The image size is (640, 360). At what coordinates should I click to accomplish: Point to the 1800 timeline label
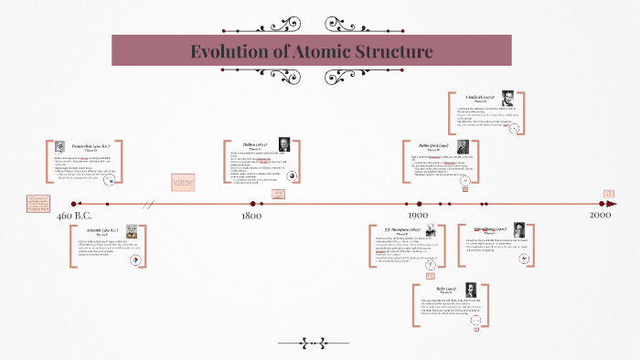coord(251,216)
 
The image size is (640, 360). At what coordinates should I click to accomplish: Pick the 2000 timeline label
coord(600,216)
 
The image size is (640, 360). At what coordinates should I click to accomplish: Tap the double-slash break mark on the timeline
coord(148,204)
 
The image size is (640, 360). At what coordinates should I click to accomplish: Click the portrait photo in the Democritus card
coord(59,147)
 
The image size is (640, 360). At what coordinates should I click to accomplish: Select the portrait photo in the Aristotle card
coord(132,230)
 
